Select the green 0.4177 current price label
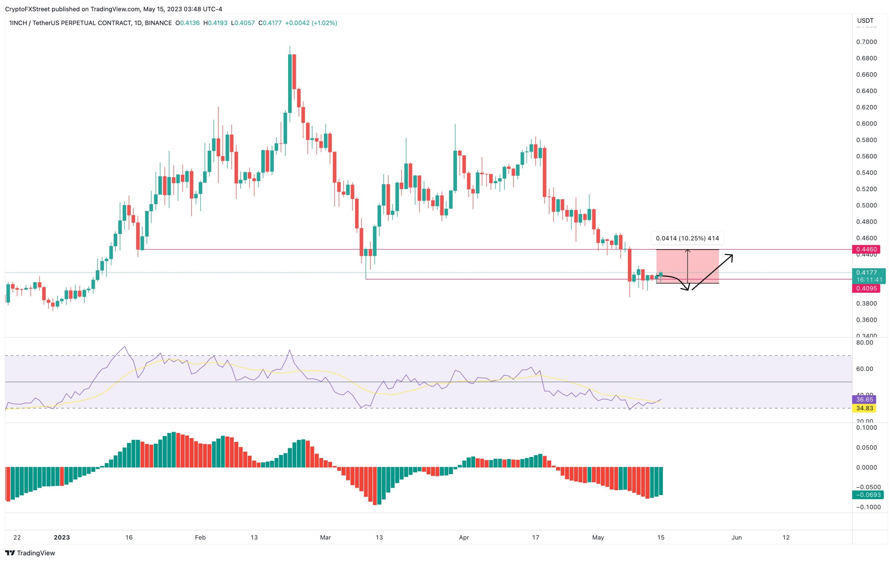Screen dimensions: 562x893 [868, 273]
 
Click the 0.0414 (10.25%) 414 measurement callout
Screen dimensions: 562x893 [687, 238]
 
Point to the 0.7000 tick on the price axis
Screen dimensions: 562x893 [866, 42]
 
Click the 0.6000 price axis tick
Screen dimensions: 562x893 [866, 123]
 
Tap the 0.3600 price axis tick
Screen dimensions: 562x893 [866, 320]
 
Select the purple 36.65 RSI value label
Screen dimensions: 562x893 [864, 399]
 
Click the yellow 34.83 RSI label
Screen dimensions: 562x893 [864, 408]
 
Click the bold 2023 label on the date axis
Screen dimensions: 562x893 [61, 537]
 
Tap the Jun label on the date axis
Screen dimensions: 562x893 [736, 537]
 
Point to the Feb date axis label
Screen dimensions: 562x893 [200, 537]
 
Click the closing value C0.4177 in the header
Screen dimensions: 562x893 [270, 23]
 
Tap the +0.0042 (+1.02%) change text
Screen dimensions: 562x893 [311, 23]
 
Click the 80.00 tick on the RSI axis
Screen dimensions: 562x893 [864, 342]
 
